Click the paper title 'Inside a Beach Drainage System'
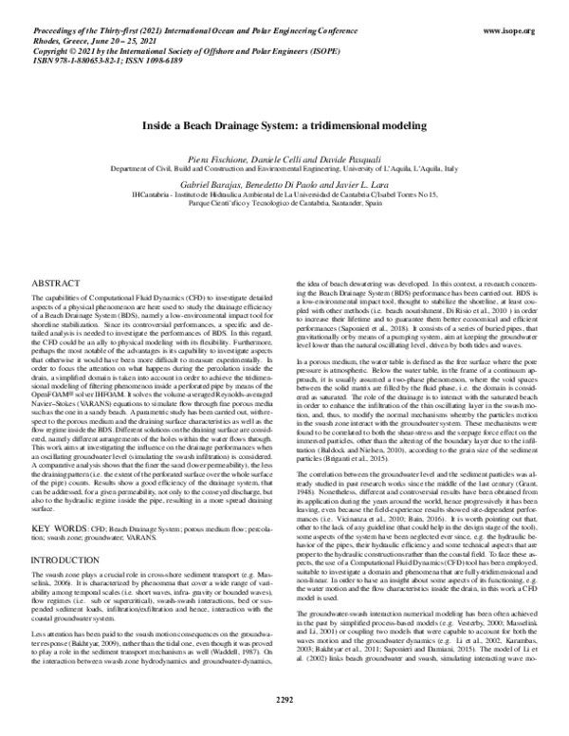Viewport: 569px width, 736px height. (284, 124)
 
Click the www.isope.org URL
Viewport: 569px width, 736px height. (517, 31)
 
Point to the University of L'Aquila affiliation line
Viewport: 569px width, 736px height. (284, 164)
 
